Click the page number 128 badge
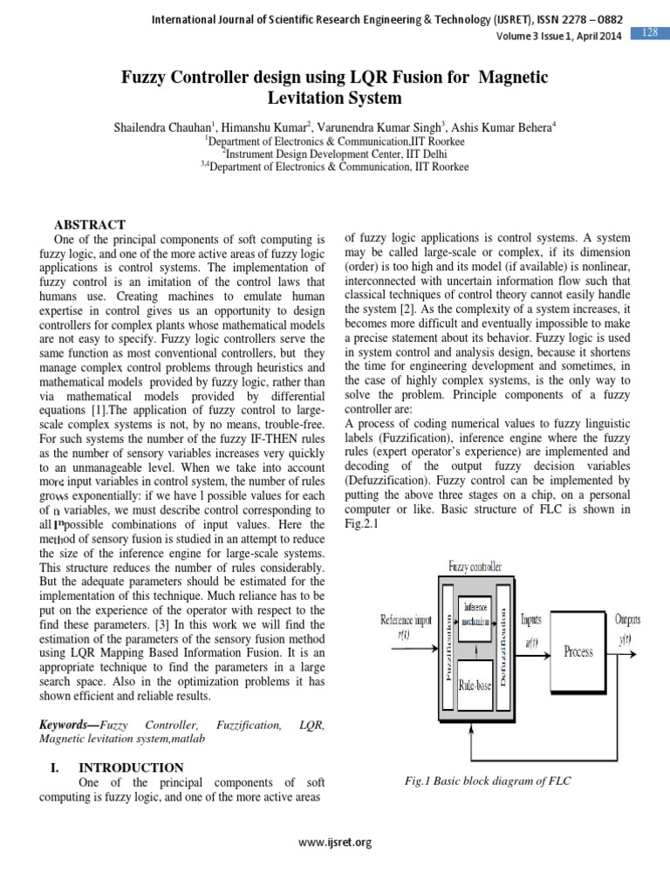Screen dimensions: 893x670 [650, 32]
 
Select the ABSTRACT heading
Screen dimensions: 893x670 [91, 225]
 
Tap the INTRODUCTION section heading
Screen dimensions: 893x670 [131, 767]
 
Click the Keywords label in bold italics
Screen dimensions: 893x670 [70, 726]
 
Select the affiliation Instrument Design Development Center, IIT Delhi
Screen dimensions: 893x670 [334, 153]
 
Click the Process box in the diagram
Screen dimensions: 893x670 [578, 651]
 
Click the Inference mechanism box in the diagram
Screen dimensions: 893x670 [476, 613]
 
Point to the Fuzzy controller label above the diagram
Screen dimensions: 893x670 [475, 567]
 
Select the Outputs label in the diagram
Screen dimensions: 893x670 [627, 619]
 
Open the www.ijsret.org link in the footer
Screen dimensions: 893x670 [335, 842]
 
